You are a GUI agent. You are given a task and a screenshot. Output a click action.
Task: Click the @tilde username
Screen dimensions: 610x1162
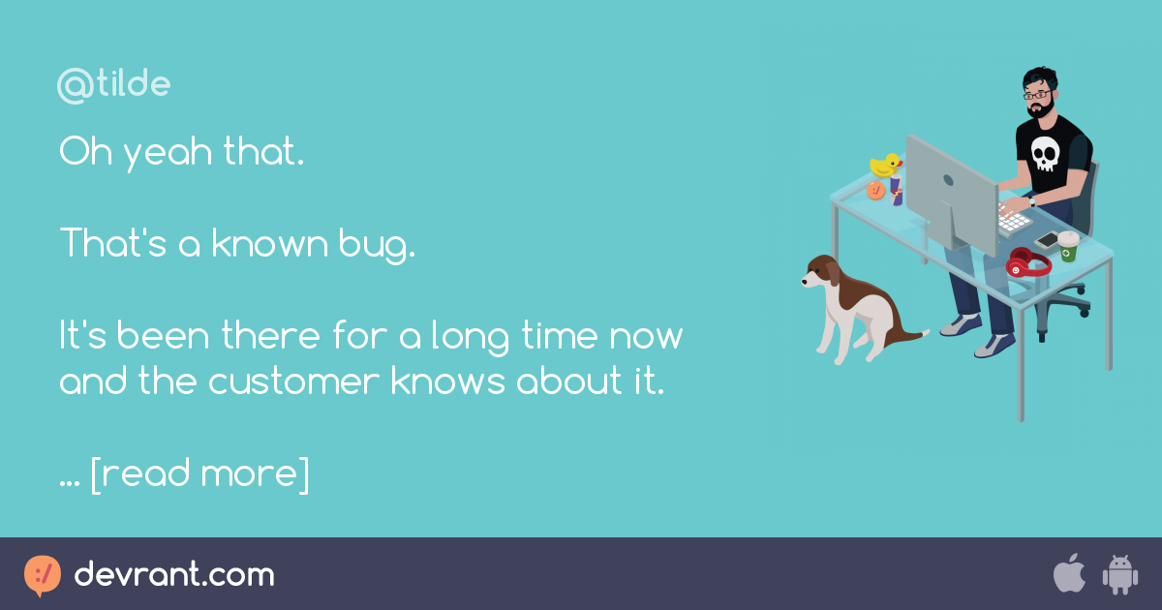113,85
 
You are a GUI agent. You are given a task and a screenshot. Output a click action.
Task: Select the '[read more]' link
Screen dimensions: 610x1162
199,474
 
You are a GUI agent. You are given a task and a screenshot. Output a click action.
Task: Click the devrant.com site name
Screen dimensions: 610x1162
174,575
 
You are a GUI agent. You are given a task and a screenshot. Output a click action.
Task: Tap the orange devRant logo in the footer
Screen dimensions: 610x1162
43,575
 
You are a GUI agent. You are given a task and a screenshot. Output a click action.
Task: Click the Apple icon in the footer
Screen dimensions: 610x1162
1068,574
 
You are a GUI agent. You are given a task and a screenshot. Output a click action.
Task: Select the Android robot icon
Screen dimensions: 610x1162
1119,575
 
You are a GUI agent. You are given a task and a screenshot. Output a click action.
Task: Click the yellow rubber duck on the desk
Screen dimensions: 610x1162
885,165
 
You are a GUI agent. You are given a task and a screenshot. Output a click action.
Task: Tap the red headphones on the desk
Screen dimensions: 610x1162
1026,262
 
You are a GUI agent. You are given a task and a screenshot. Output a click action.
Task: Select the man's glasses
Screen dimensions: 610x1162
1038,95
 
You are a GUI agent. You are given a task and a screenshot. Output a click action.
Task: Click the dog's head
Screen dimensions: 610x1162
821,273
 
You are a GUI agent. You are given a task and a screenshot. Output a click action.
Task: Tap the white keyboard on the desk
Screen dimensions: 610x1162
1011,219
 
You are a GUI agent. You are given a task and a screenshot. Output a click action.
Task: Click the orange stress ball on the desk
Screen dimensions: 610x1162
876,191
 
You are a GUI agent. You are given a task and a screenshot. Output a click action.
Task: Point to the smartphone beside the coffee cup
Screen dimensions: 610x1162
1047,239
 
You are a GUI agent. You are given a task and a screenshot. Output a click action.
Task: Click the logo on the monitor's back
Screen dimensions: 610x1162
948,180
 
